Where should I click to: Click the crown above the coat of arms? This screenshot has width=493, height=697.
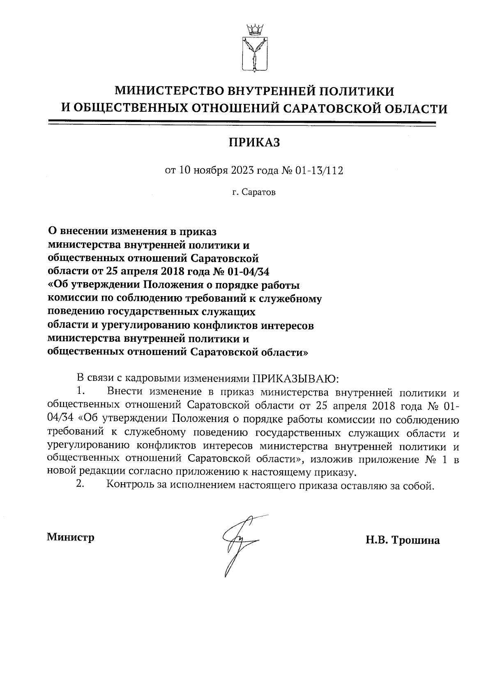pyautogui.click(x=254, y=30)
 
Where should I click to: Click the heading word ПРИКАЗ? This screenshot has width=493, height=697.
pyautogui.click(x=254, y=143)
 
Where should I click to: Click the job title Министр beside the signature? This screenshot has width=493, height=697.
pyautogui.click(x=71, y=537)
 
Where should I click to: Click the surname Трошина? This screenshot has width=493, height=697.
pyautogui.click(x=416, y=540)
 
